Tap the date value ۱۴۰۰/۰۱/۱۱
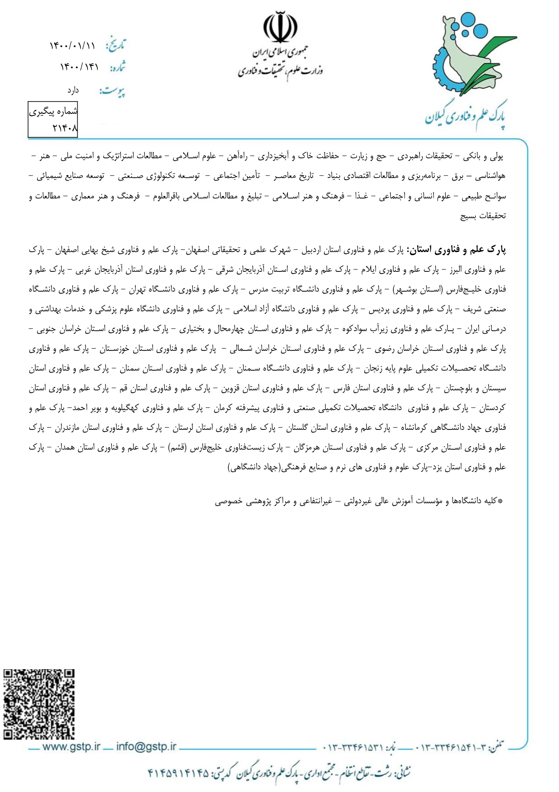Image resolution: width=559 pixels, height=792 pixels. point(72,46)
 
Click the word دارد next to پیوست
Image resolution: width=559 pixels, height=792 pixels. point(73,91)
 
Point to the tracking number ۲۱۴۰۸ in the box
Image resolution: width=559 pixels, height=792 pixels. point(65,128)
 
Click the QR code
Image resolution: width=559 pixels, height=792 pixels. point(39,704)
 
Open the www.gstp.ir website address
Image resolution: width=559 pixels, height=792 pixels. point(71,746)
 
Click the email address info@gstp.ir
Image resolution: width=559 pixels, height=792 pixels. point(146,746)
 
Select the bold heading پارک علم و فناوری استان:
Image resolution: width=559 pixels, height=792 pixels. point(457,250)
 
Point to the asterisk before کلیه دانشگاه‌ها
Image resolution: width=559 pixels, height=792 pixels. point(499,501)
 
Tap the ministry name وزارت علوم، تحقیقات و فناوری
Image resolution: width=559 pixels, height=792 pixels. point(280,70)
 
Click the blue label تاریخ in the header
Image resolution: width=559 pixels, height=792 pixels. point(116,45)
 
